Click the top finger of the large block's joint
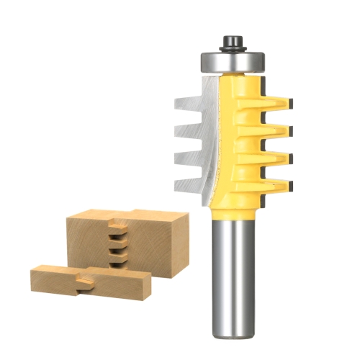point(116,225)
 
